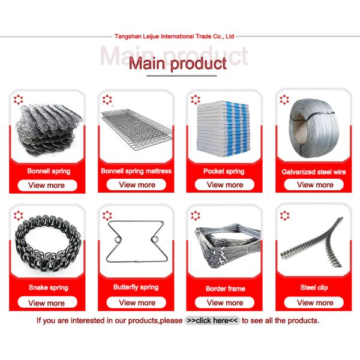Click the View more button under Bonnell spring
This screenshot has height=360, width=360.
pyautogui.click(x=47, y=185)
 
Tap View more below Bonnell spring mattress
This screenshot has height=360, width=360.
pyautogui.click(x=137, y=185)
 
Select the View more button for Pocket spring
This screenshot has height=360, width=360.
pyautogui.click(x=225, y=185)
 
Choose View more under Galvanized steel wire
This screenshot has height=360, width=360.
pyautogui.click(x=315, y=185)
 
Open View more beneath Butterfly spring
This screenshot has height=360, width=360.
pyautogui.click(x=137, y=302)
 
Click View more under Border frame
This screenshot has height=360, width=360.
pyautogui.click(x=225, y=302)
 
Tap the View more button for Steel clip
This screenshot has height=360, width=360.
pyautogui.click(x=315, y=302)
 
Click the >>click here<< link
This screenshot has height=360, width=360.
pyautogui.click(x=212, y=320)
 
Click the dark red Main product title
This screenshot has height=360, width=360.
pyautogui.click(x=178, y=62)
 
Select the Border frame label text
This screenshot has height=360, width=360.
pyautogui.click(x=225, y=289)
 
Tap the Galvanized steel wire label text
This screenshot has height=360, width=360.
pyautogui.click(x=314, y=172)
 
